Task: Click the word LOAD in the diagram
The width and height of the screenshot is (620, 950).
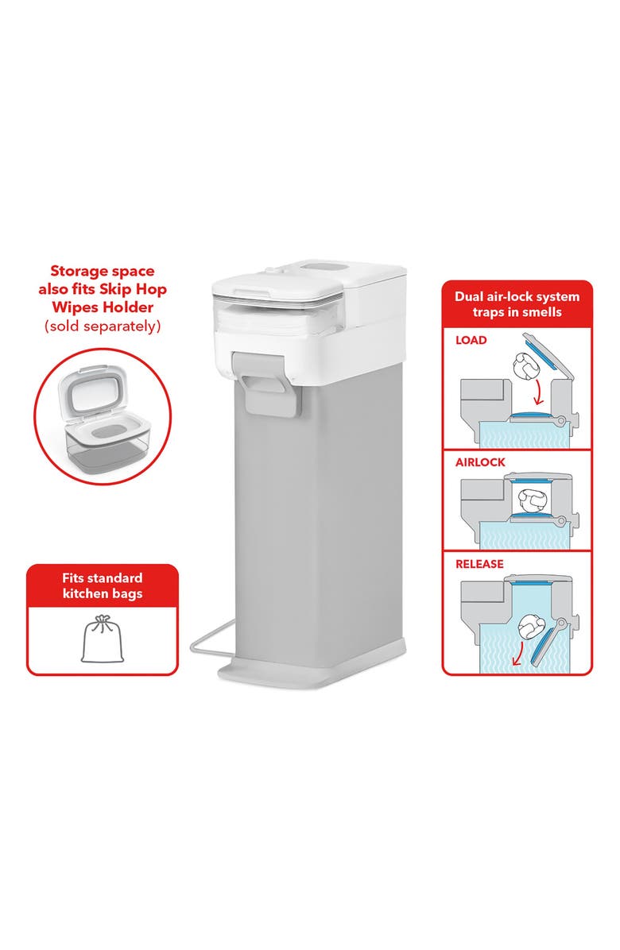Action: [471, 340]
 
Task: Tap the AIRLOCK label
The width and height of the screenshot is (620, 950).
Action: [479, 462]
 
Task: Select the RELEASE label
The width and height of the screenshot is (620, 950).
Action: [479, 564]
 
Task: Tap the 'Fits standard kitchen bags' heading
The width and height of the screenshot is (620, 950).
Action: [103, 585]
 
